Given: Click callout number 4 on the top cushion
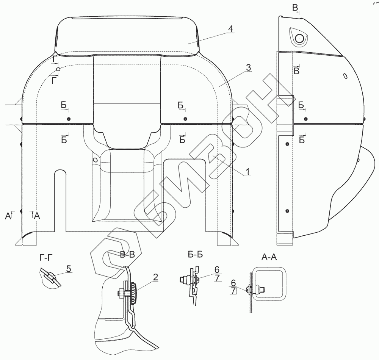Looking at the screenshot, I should [x=231, y=29].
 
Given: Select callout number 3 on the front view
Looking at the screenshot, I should [x=248, y=68].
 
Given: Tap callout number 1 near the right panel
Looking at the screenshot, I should [x=247, y=172].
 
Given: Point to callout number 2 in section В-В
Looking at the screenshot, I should [x=155, y=277].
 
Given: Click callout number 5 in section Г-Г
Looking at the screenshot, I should [x=69, y=269].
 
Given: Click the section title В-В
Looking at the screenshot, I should [x=127, y=256].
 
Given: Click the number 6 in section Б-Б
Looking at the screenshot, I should [x=217, y=269].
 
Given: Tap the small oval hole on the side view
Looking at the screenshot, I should [x=345, y=76].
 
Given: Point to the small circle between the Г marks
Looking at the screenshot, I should [x=58, y=69].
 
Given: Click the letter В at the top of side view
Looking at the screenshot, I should [x=295, y=8].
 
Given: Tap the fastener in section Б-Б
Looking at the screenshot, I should [x=186, y=280].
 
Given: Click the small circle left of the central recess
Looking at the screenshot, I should [x=95, y=160].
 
